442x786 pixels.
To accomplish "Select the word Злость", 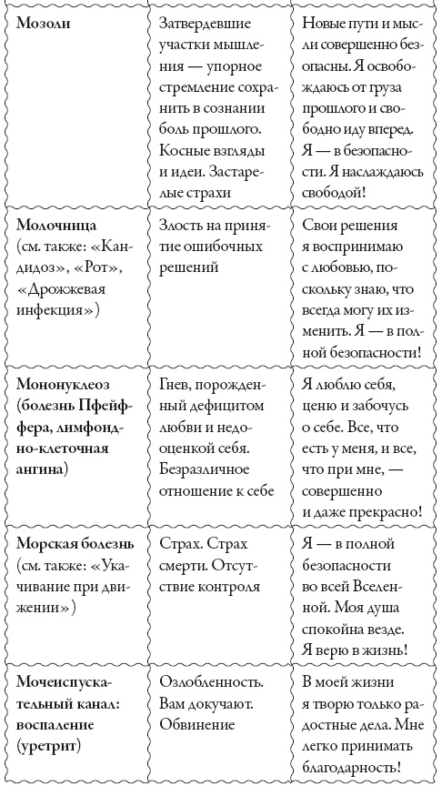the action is pyautogui.click(x=181, y=225).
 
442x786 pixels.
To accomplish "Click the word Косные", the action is pyautogui.click(x=181, y=148).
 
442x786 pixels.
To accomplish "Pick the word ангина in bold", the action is pyautogui.click(x=41, y=469).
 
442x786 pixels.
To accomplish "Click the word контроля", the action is pyautogui.click(x=224, y=586).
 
